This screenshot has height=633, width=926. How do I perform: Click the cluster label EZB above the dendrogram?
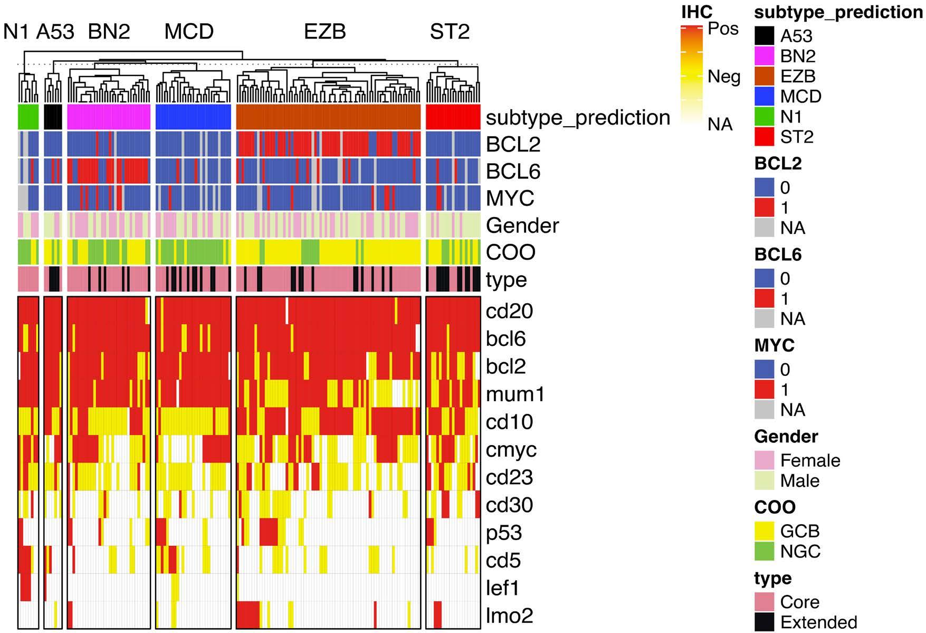324,32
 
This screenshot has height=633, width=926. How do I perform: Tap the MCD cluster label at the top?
189,32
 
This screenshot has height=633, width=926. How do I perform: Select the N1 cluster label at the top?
16,32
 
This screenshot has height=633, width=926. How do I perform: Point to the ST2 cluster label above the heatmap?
450,32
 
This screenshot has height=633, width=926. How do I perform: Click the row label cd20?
509,311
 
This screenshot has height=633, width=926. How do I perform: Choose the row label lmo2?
509,615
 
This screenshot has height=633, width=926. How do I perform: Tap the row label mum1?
515,394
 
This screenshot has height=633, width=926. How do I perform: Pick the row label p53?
504,532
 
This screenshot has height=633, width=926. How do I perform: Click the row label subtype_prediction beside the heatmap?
578,118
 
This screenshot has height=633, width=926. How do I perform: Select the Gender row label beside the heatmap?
522,225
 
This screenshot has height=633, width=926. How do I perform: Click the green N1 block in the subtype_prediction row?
28,117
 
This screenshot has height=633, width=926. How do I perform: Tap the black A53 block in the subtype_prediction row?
53,117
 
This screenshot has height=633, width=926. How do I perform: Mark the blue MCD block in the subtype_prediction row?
193,117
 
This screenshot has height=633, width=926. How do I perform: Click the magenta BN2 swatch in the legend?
764,56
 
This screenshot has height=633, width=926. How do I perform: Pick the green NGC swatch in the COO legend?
764,551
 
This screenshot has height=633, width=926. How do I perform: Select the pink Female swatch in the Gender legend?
764,460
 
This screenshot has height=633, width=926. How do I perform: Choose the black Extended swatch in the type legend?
764,622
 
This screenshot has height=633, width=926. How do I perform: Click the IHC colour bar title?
696,12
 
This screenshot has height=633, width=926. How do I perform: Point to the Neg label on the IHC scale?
724,77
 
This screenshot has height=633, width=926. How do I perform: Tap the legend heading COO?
774,507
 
